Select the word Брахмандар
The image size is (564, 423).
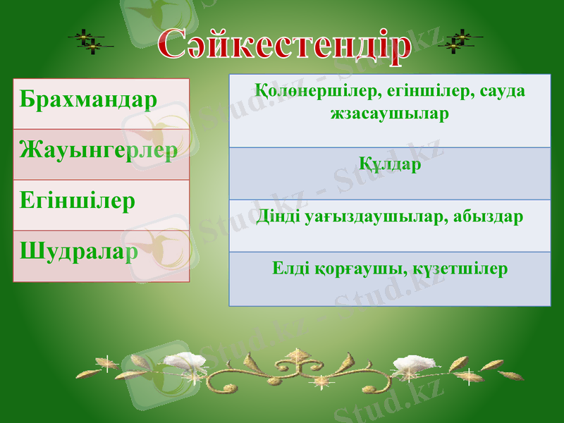89,99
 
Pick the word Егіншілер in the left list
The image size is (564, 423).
78,202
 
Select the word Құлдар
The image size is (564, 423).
390,165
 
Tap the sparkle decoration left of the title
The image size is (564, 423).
89,42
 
